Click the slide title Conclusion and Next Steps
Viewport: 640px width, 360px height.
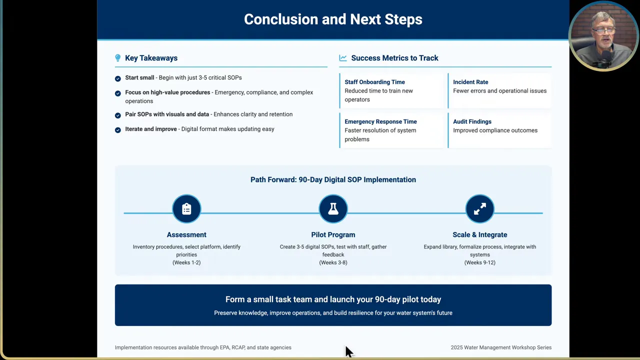pyautogui.click(x=333, y=19)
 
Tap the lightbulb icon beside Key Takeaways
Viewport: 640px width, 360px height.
pyautogui.click(x=118, y=58)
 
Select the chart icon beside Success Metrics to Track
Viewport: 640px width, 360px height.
pyautogui.click(x=343, y=58)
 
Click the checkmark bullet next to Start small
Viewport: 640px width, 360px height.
pyautogui.click(x=118, y=78)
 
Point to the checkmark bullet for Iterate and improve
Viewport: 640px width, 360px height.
pyautogui.click(x=118, y=130)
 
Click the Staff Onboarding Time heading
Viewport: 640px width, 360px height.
pyautogui.click(x=374, y=82)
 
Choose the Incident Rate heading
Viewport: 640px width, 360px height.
pyautogui.click(x=470, y=82)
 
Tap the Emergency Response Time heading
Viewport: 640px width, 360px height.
pyautogui.click(x=380, y=121)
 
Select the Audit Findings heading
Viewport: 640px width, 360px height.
pyautogui.click(x=472, y=121)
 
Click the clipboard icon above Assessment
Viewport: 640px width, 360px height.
pyautogui.click(x=186, y=209)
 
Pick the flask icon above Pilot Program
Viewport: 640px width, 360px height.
pyautogui.click(x=333, y=209)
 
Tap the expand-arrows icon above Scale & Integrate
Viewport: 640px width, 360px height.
pyautogui.click(x=479, y=209)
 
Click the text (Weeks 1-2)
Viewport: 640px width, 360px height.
pyautogui.click(x=186, y=262)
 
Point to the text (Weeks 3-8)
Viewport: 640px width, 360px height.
pyautogui.click(x=333, y=262)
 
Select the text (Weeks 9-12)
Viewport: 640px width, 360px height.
pyautogui.click(x=479, y=262)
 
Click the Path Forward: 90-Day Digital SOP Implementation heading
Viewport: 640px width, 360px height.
pyautogui.click(x=333, y=179)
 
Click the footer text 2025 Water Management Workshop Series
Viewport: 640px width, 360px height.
pyautogui.click(x=501, y=347)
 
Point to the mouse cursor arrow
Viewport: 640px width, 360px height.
pyautogui.click(x=348, y=351)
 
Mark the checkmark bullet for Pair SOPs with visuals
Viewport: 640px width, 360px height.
pyautogui.click(x=118, y=115)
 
